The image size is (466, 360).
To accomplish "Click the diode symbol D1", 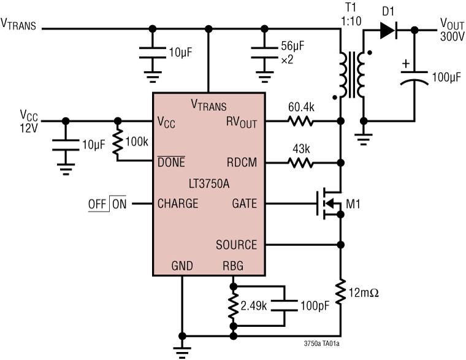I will (388, 29).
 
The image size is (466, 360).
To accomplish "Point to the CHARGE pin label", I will (178, 204).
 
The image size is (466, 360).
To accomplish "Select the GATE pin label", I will (244, 204).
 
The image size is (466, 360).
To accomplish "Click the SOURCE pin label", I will (236, 245).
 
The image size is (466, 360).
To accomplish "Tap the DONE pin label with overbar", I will (172, 163).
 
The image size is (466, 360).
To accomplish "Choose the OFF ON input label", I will (107, 204).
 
